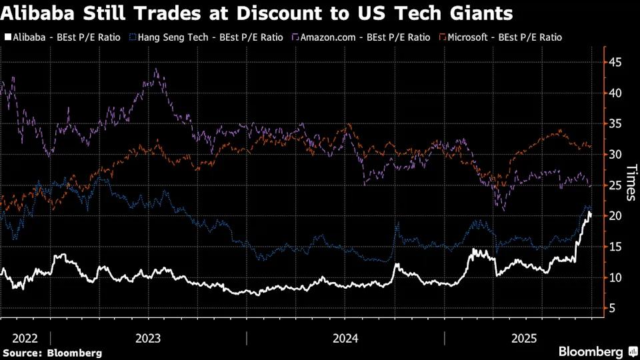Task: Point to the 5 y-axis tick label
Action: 611,308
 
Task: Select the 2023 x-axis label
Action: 148,338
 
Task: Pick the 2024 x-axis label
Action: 345,338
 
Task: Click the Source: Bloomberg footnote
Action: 53,352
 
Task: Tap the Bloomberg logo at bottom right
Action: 591,351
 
